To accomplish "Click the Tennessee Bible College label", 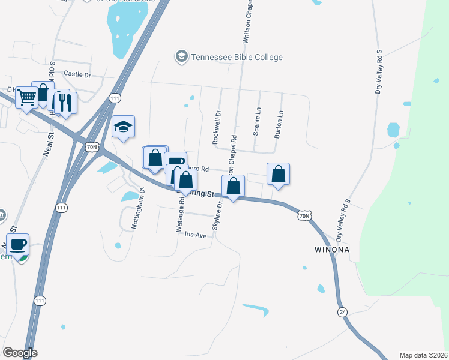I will click(x=237, y=57).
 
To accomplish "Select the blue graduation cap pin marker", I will click(x=124, y=128).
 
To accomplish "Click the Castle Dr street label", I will click(x=77, y=74).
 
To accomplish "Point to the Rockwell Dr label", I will click(x=217, y=126).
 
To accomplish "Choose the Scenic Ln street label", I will click(x=257, y=122).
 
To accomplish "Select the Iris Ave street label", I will click(x=196, y=235).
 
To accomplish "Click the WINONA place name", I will click(x=331, y=248).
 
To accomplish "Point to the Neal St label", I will click(x=47, y=145).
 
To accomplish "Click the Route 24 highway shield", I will click(x=342, y=312).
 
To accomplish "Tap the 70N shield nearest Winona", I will click(x=304, y=215).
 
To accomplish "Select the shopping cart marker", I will click(x=26, y=97).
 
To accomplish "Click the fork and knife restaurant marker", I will click(x=65, y=103).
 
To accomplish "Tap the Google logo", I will click(x=20, y=353).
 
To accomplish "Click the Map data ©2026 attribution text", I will click(x=423, y=355).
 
